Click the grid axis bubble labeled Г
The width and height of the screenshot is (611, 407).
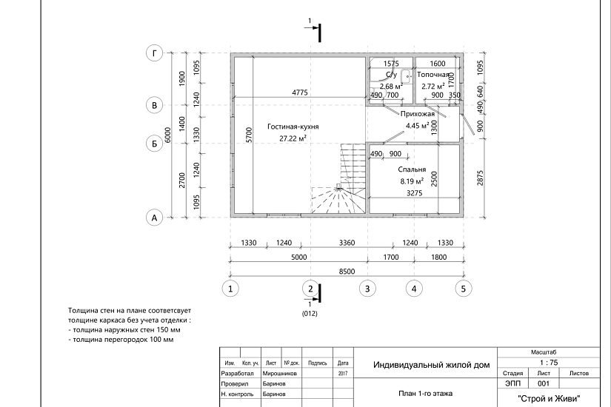(155, 53)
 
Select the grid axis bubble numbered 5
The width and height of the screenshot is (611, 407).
(464, 289)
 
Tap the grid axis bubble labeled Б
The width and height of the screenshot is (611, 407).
(154, 144)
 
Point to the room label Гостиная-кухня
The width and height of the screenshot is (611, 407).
(293, 127)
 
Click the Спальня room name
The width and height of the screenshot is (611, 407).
(412, 169)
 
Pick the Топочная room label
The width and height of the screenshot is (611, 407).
(433, 75)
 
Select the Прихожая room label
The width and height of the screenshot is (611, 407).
(418, 114)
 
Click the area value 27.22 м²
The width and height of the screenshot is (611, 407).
(293, 138)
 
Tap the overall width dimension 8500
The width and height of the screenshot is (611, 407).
(347, 272)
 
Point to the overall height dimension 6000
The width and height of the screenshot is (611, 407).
(168, 135)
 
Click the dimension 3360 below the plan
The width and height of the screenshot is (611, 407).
(347, 243)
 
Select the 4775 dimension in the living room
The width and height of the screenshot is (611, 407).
(300, 92)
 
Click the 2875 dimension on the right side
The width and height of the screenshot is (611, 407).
(480, 178)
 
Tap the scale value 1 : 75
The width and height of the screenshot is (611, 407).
(549, 363)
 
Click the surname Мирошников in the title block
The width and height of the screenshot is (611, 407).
(279, 374)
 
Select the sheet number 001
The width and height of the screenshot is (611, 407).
(544, 383)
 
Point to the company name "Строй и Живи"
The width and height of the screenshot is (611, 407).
(549, 398)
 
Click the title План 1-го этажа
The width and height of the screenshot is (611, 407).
(426, 394)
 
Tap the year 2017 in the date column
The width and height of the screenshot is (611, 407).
(343, 374)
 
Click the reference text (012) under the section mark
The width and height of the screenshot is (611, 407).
(310, 314)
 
